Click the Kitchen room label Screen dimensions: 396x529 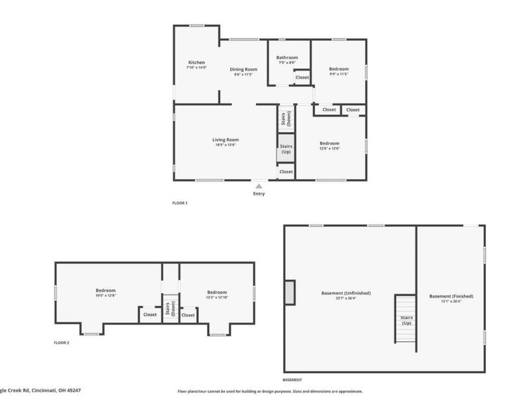coord(196,63)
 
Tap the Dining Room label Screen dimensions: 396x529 coord(243,69)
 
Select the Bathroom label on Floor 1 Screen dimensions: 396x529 coord(287,58)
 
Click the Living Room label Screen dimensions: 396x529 coord(225,140)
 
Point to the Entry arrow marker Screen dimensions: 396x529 coord(259,186)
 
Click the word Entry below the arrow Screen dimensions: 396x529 coord(259,194)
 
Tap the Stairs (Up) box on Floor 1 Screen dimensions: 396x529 coord(286,149)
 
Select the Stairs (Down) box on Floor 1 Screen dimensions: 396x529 coord(286,119)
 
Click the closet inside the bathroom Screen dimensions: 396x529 coord(302,77)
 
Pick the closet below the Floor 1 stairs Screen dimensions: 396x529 coord(286,172)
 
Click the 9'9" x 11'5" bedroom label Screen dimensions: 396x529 coord(338,69)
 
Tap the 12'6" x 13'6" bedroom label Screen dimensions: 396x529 coord(329,144)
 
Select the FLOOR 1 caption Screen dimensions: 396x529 coord(180,203)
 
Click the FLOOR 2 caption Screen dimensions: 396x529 coord(61,343)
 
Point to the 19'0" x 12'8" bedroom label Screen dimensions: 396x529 coord(106,291)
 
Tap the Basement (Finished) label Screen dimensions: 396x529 coord(451,297)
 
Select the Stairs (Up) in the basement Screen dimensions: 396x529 coord(407,320)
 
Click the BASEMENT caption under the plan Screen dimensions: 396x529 coord(292,380)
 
